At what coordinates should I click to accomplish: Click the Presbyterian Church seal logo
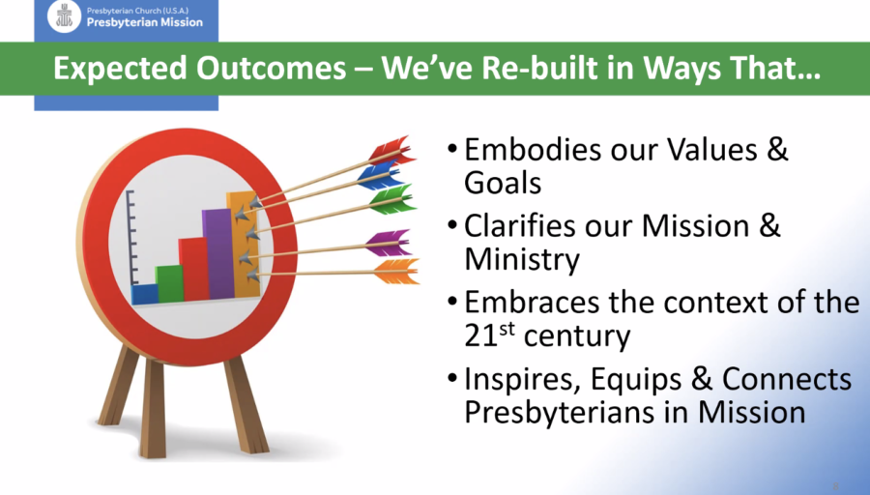65,15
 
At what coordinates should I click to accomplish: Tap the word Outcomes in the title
272,69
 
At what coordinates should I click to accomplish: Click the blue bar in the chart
144,294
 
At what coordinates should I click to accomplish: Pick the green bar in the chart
169,283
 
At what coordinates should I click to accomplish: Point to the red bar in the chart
193,269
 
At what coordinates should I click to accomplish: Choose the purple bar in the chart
218,253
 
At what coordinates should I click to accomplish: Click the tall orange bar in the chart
244,245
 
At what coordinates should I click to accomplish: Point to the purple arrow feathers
389,243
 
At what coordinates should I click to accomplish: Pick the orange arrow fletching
396,271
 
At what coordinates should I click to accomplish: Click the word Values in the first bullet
711,149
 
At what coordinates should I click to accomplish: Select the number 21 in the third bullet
480,336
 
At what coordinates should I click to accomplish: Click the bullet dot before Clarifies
452,224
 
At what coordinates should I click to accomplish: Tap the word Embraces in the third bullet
532,303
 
